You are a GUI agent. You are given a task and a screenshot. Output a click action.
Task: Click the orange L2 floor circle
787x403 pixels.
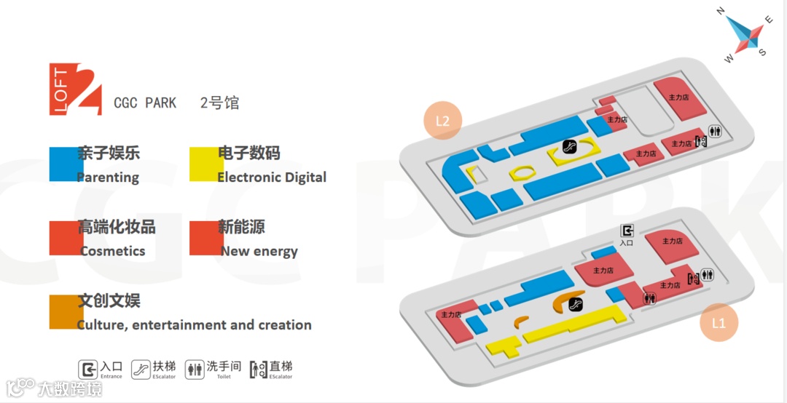coord(442,121)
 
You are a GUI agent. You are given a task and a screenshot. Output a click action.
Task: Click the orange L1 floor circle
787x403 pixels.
coord(719,323)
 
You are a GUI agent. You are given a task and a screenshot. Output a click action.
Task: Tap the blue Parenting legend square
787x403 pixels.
coord(66,164)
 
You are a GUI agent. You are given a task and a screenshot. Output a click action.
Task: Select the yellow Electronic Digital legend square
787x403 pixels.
coord(206,164)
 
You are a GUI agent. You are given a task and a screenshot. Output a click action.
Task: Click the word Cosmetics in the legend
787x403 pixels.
coord(113,251)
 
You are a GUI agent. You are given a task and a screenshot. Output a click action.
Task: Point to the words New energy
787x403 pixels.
coord(259,251)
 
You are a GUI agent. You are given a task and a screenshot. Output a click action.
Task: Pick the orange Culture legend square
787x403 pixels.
coord(66,311)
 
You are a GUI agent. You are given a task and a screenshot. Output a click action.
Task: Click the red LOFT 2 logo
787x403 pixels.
coord(76,89)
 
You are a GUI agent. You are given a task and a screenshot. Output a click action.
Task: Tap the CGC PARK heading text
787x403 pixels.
coord(145,103)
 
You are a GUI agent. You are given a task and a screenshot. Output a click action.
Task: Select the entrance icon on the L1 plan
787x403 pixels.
coord(627,231)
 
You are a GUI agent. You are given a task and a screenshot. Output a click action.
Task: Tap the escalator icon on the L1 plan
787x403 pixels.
coord(576,304)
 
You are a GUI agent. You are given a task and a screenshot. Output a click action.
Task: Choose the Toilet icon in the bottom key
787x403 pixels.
coord(195,369)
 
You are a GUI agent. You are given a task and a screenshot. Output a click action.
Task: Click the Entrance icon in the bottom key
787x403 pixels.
coord(88,369)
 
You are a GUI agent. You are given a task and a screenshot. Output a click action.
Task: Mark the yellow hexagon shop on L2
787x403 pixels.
coord(521,172)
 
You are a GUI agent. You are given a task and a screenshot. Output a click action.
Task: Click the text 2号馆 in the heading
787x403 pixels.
coord(219,103)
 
